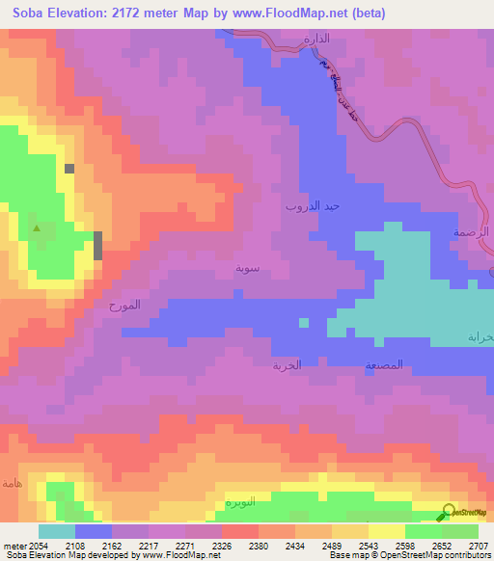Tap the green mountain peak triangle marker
(37, 229)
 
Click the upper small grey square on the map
(69, 169)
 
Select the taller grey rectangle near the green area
(97, 245)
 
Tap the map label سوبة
(248, 267)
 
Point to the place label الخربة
(287, 365)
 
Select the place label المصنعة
(383, 366)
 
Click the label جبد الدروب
(312, 206)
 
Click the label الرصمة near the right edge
(472, 232)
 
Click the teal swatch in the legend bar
(56, 531)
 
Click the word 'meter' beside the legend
(14, 546)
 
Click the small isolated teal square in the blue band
(303, 323)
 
